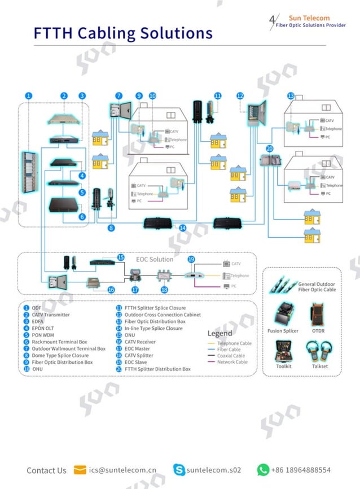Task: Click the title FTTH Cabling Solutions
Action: [123, 33]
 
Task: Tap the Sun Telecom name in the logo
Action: [309, 18]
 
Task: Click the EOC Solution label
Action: [155, 259]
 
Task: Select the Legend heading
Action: [219, 333]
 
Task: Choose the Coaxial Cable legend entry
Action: [231, 356]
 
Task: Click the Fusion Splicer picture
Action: [283, 314]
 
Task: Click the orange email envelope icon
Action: [80, 470]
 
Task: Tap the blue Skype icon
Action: [179, 470]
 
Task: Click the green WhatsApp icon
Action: [263, 470]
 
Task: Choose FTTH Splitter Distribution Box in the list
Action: [157, 369]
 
